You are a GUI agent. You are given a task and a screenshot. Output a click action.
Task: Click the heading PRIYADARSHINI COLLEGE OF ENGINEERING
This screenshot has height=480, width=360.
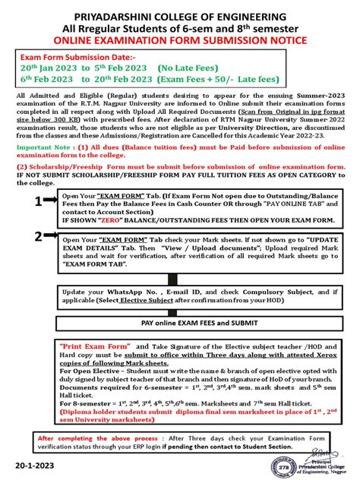[x=180, y=15]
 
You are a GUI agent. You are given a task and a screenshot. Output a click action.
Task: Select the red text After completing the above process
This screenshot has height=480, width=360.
[x=96, y=437]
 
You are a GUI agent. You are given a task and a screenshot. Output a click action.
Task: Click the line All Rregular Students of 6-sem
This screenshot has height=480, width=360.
[x=180, y=28]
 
